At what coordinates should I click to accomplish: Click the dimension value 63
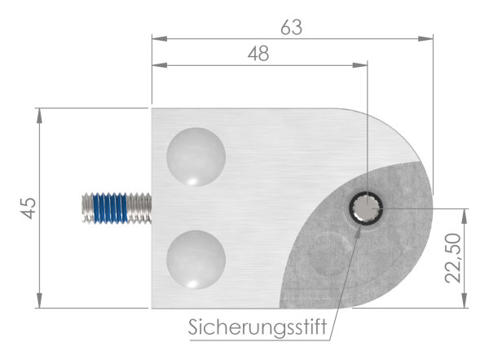click(x=291, y=27)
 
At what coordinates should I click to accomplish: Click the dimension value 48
click(x=258, y=54)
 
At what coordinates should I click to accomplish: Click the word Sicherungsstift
click(x=258, y=329)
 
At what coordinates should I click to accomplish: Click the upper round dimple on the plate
click(x=196, y=156)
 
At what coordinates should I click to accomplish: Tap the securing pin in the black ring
click(x=367, y=211)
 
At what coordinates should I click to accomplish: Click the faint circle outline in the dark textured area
click(x=329, y=252)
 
